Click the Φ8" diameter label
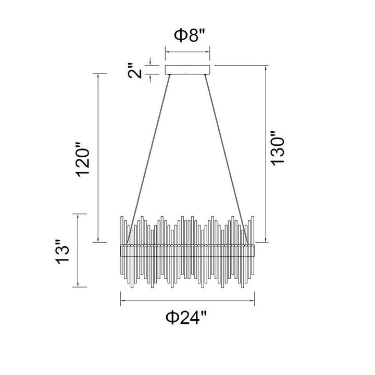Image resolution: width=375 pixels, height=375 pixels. tap(190, 35)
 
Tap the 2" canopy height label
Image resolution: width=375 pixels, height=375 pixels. tap(135, 71)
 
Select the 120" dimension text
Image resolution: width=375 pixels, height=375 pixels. tap(83, 159)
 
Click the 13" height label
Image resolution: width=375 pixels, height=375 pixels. tap(63, 252)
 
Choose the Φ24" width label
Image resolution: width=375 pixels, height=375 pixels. tap(186, 317)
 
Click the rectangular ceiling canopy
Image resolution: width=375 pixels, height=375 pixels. tap(187, 70)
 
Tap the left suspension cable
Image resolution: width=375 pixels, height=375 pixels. tap(148, 159)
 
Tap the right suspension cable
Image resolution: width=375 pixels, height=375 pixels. tap(226, 159)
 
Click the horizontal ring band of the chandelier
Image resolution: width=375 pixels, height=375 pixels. tap(187, 251)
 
